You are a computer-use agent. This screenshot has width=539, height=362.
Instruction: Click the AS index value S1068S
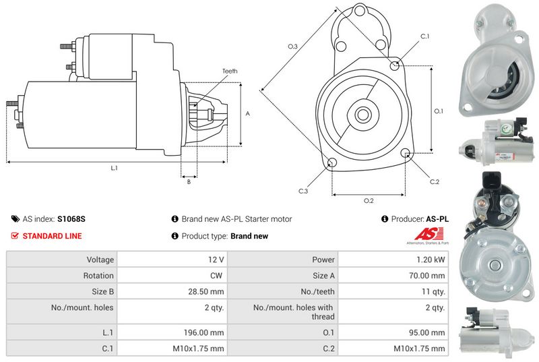(x=71, y=219)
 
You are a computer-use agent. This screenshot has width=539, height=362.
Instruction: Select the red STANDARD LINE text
(x=52, y=236)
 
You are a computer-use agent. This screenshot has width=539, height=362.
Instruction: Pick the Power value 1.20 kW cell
(x=431, y=259)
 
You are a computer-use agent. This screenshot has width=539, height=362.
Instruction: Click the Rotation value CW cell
(x=217, y=275)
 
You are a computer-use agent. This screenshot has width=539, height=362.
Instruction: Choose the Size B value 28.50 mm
(x=208, y=292)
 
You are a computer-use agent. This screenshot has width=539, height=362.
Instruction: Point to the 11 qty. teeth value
(x=432, y=292)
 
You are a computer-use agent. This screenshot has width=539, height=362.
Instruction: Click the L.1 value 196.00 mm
(x=205, y=332)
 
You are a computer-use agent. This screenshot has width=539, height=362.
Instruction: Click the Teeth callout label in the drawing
(x=230, y=71)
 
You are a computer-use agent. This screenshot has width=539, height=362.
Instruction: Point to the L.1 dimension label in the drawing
(x=115, y=167)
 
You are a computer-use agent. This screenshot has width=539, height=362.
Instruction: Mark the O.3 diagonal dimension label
(x=292, y=47)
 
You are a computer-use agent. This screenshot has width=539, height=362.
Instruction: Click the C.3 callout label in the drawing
(x=304, y=191)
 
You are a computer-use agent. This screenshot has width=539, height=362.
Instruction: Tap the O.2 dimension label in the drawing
(x=369, y=201)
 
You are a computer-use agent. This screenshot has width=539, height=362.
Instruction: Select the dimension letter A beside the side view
(x=247, y=114)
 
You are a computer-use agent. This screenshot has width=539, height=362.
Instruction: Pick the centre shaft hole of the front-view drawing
(x=362, y=114)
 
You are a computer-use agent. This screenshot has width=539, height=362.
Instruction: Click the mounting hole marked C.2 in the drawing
(x=406, y=154)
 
